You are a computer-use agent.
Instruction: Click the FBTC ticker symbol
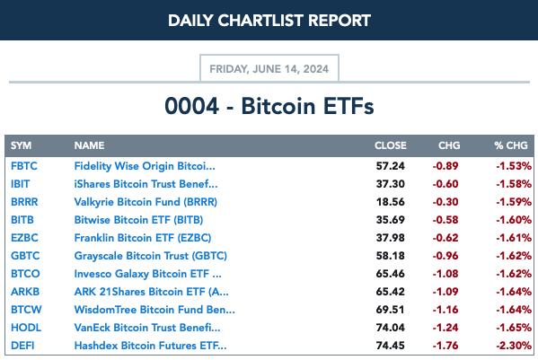tap(23, 166)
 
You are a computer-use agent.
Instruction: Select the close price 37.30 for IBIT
tap(391, 184)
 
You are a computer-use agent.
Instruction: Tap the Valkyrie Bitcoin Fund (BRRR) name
tap(146, 202)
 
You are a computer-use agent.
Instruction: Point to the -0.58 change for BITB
tap(445, 220)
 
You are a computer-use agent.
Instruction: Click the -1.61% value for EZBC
tap(514, 238)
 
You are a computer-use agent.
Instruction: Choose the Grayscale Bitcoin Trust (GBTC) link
tap(150, 256)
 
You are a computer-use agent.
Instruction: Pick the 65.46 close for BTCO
tap(391, 274)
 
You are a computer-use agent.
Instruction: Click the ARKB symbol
tap(25, 292)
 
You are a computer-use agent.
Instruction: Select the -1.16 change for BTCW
tap(445, 310)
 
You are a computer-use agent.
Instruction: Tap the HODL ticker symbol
tap(26, 328)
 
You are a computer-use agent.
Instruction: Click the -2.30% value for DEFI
tap(514, 346)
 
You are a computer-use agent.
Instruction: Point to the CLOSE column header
tap(391, 145)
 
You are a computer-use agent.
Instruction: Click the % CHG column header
tap(511, 145)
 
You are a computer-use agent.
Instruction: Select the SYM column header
tap(21, 145)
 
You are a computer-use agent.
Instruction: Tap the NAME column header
tap(89, 145)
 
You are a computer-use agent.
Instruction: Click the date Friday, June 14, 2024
tap(269, 69)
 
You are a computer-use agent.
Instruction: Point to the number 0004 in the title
tap(192, 106)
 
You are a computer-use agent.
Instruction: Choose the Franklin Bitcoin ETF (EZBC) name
tap(143, 238)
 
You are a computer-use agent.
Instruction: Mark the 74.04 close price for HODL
tap(391, 328)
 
